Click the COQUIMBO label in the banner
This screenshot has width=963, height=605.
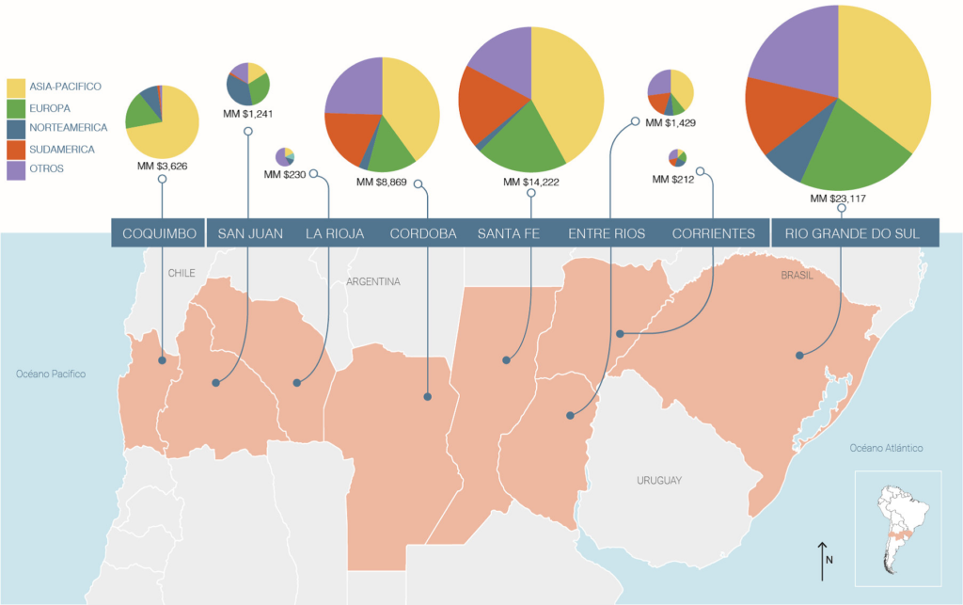[x=160, y=233]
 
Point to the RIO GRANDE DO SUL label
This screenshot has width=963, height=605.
[x=852, y=233]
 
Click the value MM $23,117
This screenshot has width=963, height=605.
[x=839, y=199]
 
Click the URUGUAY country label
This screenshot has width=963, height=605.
[x=658, y=481]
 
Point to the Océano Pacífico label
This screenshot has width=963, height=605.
[x=51, y=374]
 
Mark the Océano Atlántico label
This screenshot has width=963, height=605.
[x=887, y=448]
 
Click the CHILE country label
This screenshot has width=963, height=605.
[x=181, y=274]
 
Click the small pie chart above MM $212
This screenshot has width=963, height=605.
[x=678, y=157]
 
